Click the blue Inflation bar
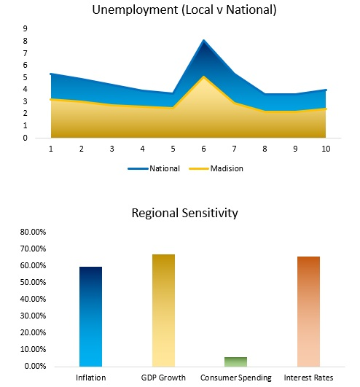[90, 317]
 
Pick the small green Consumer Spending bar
[235, 361]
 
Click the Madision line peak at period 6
[203, 77]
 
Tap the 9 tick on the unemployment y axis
[26, 28]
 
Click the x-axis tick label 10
[325, 148]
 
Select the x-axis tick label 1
[50, 148]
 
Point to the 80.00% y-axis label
[34, 232]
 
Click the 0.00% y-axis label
[35, 366]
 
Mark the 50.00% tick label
[34, 283]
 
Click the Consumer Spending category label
[235, 378]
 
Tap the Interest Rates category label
[308, 378]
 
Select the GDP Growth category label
[163, 378]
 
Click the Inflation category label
[90, 378]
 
